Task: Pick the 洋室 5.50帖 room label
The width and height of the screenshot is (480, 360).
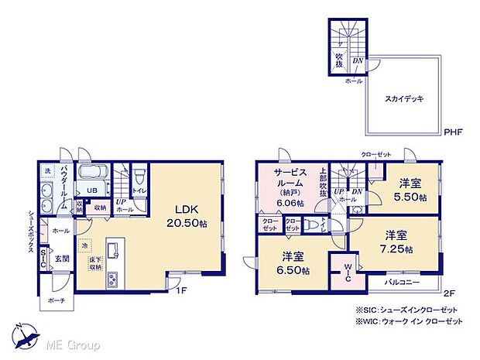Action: tap(410, 190)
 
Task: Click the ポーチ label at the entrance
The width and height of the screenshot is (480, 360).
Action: tap(56, 300)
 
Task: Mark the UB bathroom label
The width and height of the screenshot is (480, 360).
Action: tap(91, 190)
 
